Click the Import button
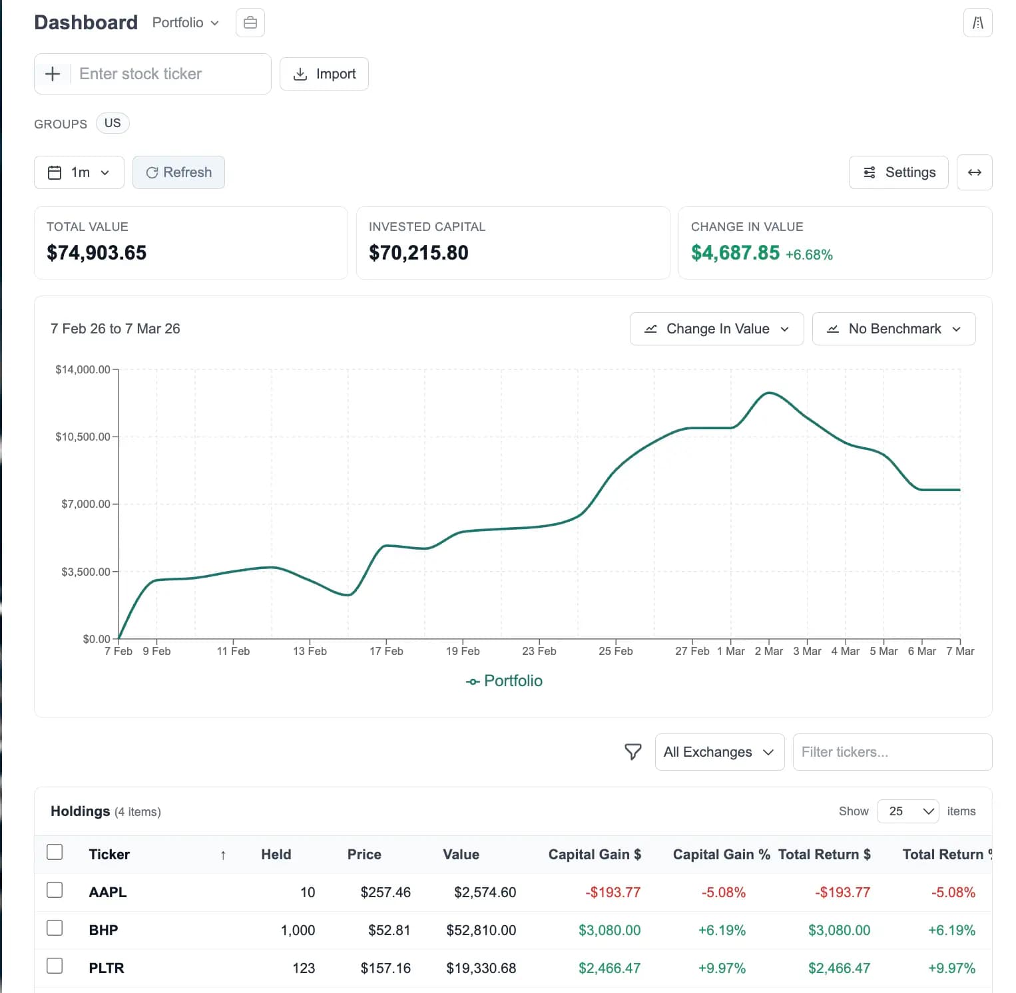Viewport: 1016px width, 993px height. pyautogui.click(x=324, y=74)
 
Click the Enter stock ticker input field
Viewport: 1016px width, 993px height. pyautogui.click(x=170, y=74)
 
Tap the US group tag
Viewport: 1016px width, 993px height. pyautogui.click(x=113, y=123)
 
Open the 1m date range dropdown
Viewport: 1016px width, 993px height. pyautogui.click(x=79, y=172)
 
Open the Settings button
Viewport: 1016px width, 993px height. pyautogui.click(x=898, y=172)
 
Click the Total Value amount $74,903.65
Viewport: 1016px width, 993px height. pyautogui.click(x=97, y=253)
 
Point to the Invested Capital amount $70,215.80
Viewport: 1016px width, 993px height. pyautogui.click(x=419, y=253)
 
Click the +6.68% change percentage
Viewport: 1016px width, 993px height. pyautogui.click(x=809, y=255)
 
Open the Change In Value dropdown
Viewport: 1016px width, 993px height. pyautogui.click(x=716, y=329)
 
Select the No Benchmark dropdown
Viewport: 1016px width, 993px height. pyautogui.click(x=893, y=329)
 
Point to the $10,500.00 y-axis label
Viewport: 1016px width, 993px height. pyautogui.click(x=83, y=437)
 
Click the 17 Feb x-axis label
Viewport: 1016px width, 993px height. pyautogui.click(x=386, y=651)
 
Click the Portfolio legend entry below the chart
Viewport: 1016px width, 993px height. pyautogui.click(x=504, y=681)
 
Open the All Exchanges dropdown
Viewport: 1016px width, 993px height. pyautogui.click(x=719, y=752)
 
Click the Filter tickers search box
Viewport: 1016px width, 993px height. pyautogui.click(x=891, y=752)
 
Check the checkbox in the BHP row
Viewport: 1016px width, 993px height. pyautogui.click(x=55, y=928)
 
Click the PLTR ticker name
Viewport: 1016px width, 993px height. pyautogui.click(x=107, y=968)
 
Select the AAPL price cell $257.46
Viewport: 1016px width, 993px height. pyautogui.click(x=385, y=893)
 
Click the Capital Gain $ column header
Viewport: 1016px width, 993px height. pyautogui.click(x=595, y=855)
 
